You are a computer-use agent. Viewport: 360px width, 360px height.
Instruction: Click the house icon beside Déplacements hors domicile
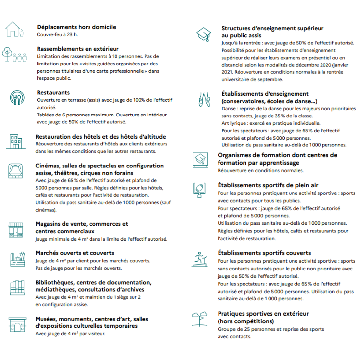click(x=13, y=29)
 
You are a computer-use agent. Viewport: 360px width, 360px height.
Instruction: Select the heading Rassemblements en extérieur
click(x=78, y=49)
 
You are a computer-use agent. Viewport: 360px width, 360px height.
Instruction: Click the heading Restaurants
click(x=53, y=92)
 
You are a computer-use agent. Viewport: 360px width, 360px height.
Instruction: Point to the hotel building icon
click(x=15, y=141)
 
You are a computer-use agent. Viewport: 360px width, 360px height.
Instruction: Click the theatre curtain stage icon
click(x=15, y=171)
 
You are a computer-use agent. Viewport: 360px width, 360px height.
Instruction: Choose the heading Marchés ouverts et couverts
click(x=75, y=253)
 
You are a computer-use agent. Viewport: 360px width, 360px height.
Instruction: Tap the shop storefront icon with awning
click(x=15, y=230)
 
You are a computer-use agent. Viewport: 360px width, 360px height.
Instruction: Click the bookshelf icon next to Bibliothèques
click(x=17, y=288)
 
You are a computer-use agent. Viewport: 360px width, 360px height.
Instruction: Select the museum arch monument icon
click(x=17, y=324)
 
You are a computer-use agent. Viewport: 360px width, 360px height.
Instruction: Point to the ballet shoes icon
click(x=204, y=99)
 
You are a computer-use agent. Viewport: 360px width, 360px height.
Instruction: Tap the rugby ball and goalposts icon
click(x=199, y=190)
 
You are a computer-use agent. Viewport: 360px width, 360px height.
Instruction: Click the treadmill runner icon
click(x=200, y=259)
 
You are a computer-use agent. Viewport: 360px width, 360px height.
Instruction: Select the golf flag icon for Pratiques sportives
click(x=200, y=319)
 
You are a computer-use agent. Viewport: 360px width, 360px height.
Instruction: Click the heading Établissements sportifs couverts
click(x=264, y=253)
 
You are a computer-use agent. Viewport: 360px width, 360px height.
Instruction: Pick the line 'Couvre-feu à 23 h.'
click(x=57, y=34)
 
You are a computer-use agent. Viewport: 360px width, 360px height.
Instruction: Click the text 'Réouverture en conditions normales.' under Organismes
click(x=261, y=170)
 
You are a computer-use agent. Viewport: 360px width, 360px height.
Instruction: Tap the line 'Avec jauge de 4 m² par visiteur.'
click(x=70, y=334)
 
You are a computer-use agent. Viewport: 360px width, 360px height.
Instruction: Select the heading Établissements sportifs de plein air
click(x=268, y=185)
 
